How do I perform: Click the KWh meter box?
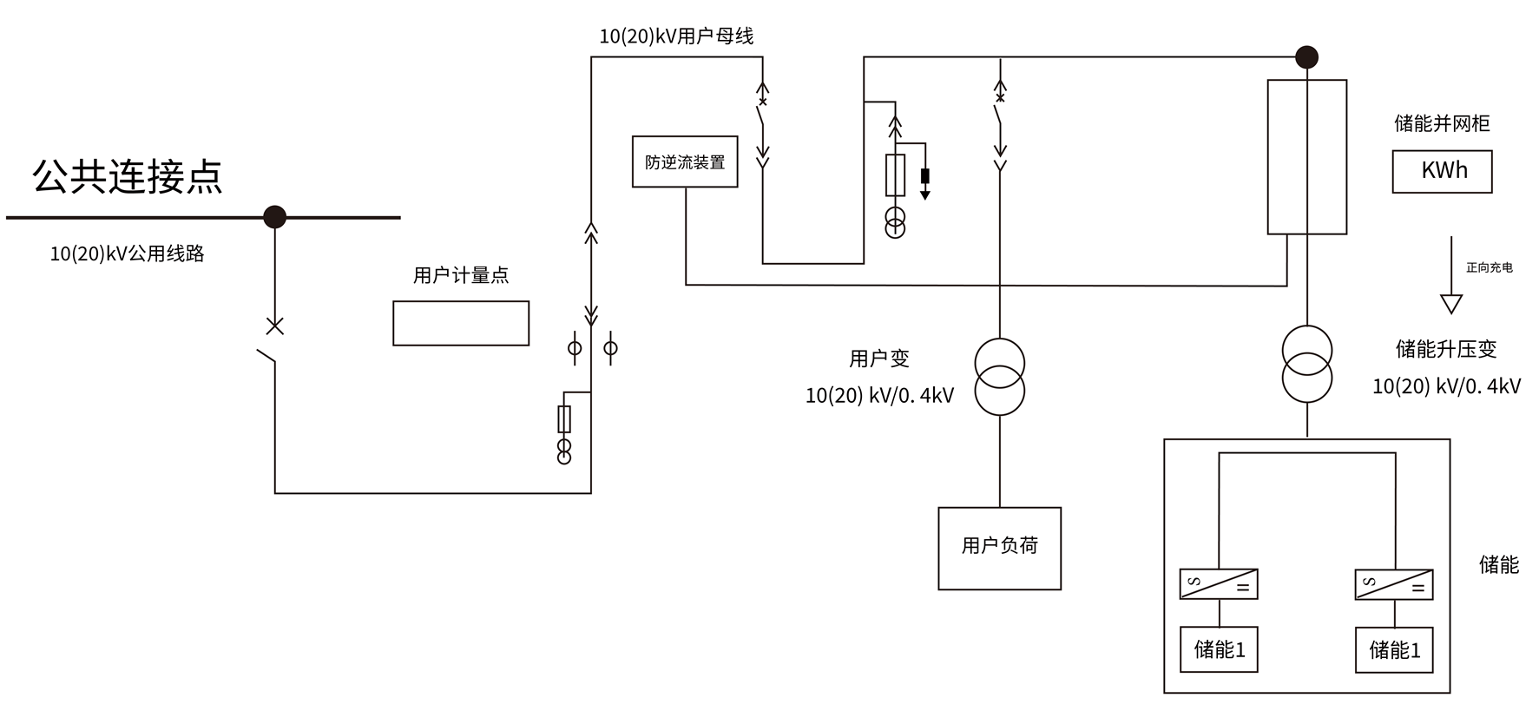click(1442, 171)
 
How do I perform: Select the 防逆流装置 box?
click(685, 161)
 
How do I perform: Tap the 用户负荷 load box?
click(999, 548)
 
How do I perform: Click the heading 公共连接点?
click(128, 176)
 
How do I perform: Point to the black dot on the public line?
click(274, 216)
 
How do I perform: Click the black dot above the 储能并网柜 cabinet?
click(1306, 57)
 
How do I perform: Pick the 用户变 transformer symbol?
click(999, 376)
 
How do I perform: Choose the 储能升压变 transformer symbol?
click(1306, 364)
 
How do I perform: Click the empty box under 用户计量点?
click(461, 323)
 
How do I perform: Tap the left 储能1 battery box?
click(1219, 649)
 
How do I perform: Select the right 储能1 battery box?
click(1394, 649)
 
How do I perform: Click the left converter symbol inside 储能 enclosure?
click(1219, 583)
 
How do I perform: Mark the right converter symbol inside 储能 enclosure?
click(1394, 584)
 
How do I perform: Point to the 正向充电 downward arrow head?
click(1451, 304)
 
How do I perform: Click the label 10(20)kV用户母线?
click(676, 36)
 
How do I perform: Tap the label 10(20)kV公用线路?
click(127, 253)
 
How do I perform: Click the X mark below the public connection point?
click(274, 326)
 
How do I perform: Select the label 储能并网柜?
click(1442, 123)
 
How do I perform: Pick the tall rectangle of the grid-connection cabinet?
click(1306, 157)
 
